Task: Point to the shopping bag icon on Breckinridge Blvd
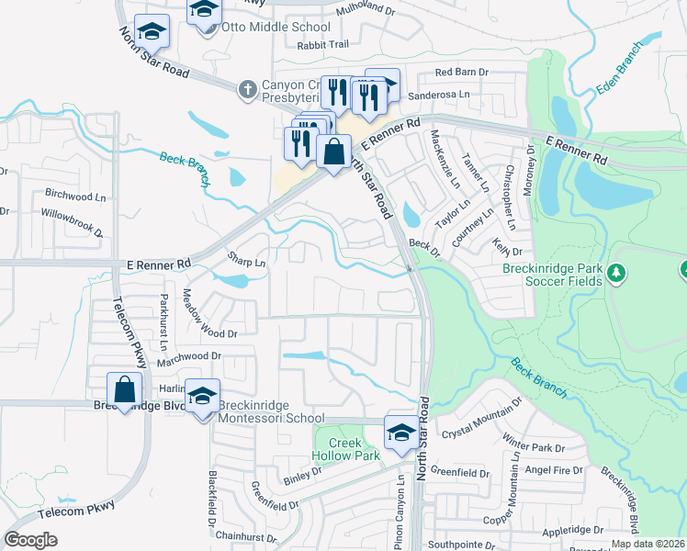124,391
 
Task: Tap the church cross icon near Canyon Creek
246,89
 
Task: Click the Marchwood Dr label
189,356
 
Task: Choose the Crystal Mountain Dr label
482,419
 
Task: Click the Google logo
31,540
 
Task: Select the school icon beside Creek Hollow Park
401,432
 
